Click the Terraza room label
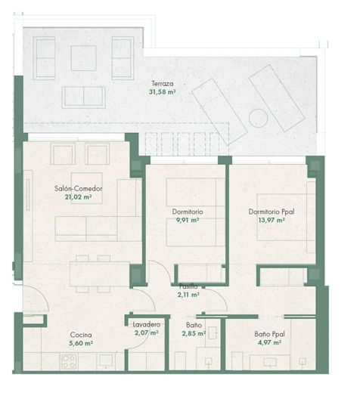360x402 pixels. pos(162,83)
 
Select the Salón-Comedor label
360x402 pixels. pos(79,188)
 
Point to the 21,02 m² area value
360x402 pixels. pos(79,197)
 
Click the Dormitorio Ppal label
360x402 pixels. pos(272,212)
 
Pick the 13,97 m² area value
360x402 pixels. pos(272,221)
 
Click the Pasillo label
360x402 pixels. pos(188,286)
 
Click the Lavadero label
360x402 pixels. pos(147,324)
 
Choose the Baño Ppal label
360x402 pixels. pos(268,334)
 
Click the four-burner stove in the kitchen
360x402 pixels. pos(70,360)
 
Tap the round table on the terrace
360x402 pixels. pos(258,119)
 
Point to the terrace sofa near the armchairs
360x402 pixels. pos(84,97)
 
